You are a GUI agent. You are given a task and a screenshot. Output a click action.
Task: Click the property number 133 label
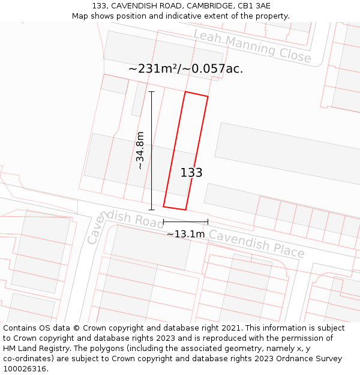tap(191, 173)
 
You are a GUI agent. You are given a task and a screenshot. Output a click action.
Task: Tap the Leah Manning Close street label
tap(252, 46)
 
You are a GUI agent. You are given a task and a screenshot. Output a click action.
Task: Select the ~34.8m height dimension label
tap(140, 151)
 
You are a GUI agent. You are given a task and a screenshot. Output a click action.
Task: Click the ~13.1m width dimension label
tap(185, 234)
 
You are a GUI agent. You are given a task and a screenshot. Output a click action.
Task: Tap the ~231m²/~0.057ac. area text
tap(185, 68)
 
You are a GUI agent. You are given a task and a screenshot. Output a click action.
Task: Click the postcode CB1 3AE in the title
tap(254, 6)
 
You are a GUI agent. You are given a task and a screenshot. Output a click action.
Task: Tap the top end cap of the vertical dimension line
tap(151, 92)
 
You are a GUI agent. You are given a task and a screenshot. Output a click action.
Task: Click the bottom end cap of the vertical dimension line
tap(151, 209)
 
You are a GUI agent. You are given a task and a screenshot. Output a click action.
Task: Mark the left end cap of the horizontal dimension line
tap(164, 222)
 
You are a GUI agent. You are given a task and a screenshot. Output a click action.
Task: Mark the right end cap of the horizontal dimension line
tap(208, 222)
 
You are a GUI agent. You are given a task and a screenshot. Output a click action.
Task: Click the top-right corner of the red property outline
tap(208, 96)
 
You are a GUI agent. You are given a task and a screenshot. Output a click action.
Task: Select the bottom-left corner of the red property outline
tap(164, 207)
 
